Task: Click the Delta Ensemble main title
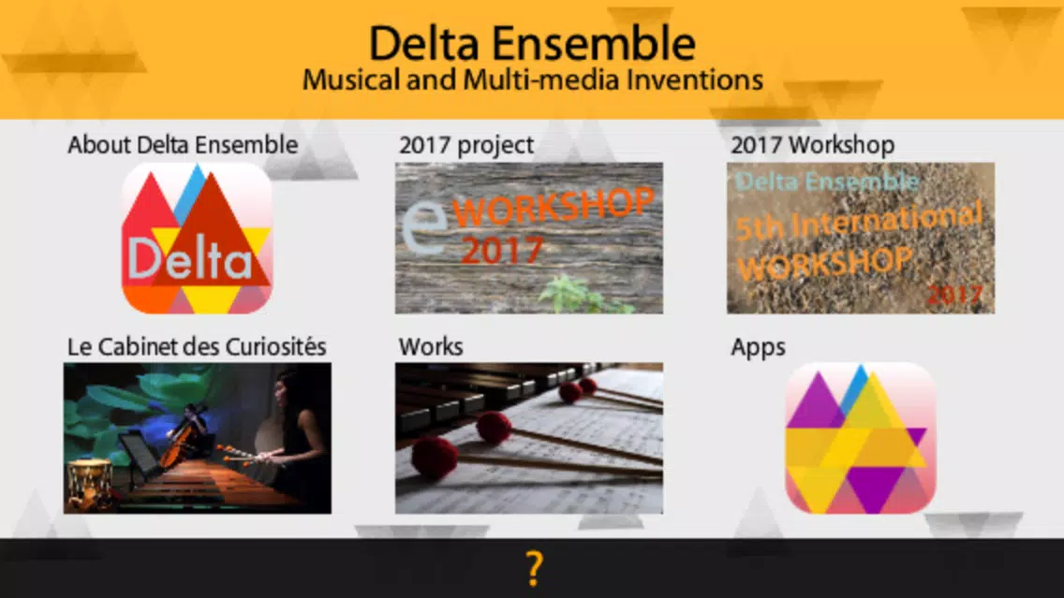pyautogui.click(x=532, y=44)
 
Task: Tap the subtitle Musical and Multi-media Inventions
pyautogui.click(x=533, y=80)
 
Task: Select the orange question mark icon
pyautogui.click(x=535, y=568)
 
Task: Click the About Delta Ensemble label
pyautogui.click(x=183, y=145)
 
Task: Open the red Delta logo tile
pyautogui.click(x=198, y=238)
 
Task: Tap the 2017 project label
pyautogui.click(x=466, y=145)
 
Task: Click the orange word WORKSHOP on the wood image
pyautogui.click(x=553, y=207)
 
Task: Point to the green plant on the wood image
pyautogui.click(x=581, y=295)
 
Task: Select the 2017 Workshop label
pyautogui.click(x=812, y=145)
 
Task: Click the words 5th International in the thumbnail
pyautogui.click(x=859, y=221)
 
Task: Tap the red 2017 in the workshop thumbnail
pyautogui.click(x=954, y=294)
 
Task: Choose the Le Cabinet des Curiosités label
pyautogui.click(x=197, y=347)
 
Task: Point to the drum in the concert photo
pyautogui.click(x=89, y=483)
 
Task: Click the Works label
pyautogui.click(x=431, y=347)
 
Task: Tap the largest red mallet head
pyautogui.click(x=435, y=459)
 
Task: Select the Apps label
pyautogui.click(x=758, y=348)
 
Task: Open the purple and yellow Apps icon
pyautogui.click(x=861, y=438)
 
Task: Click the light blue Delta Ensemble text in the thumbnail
pyautogui.click(x=827, y=182)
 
